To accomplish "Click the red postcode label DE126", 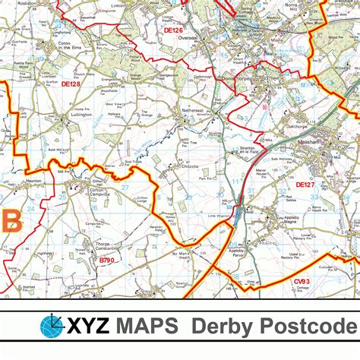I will pyautogui.click(x=173, y=31).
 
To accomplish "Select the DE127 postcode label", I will pyautogui.click(x=305, y=185).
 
